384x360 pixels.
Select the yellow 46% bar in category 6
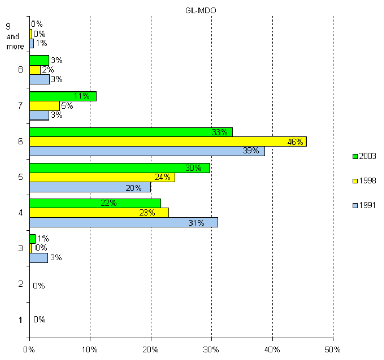(x=167, y=142)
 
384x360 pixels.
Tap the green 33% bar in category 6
(x=131, y=132)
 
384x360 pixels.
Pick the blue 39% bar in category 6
(x=146, y=151)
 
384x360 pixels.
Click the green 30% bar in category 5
(x=119, y=168)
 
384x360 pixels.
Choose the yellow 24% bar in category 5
(x=102, y=178)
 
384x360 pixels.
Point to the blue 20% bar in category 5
(x=89, y=187)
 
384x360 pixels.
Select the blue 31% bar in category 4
(x=123, y=222)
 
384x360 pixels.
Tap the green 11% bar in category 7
(x=62, y=96)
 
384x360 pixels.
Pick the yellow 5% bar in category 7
(x=44, y=106)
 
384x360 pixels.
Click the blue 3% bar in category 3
(x=38, y=258)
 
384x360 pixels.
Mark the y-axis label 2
(x=20, y=284)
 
